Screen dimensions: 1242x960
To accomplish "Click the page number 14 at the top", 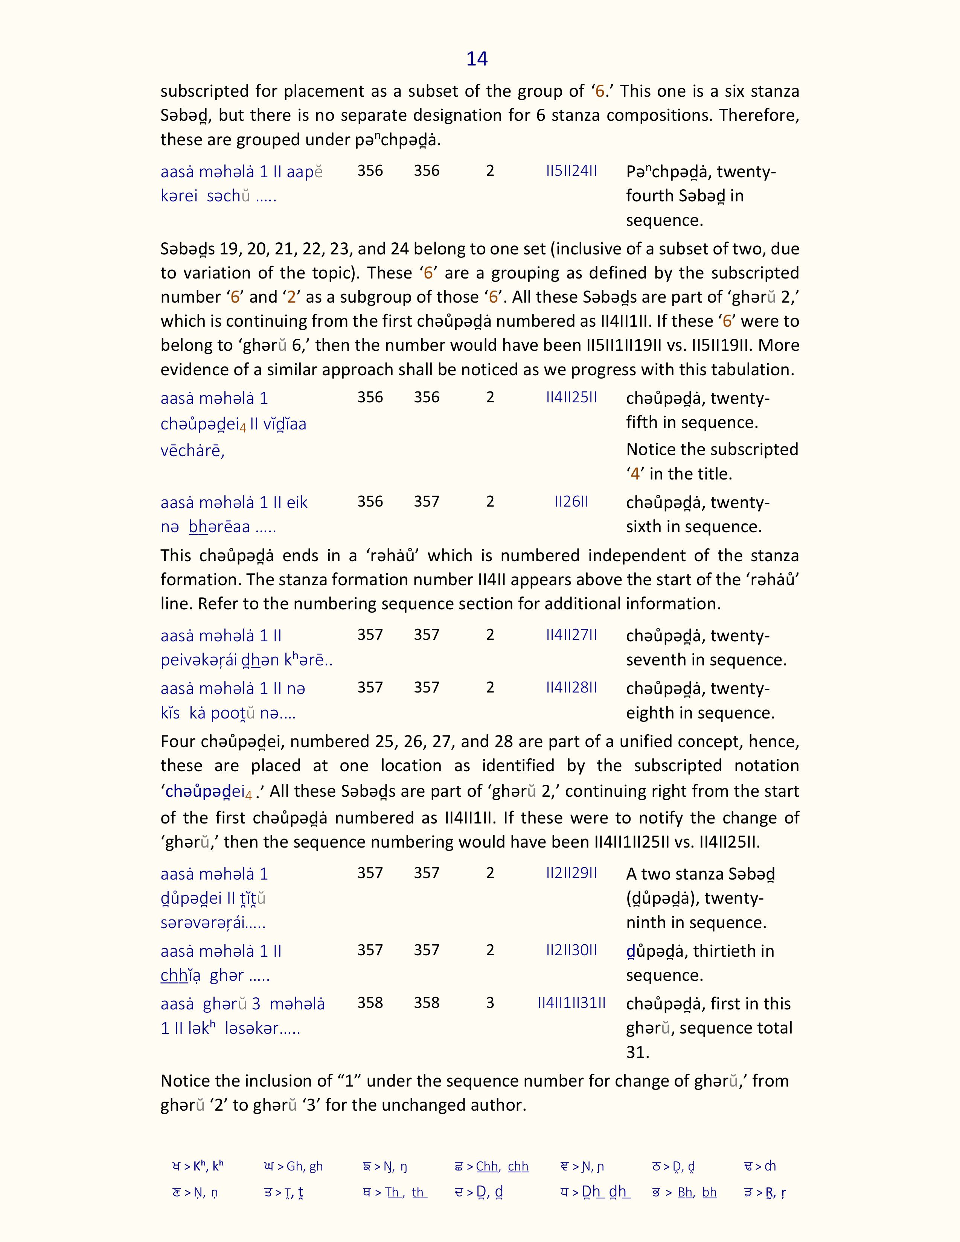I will (x=477, y=59).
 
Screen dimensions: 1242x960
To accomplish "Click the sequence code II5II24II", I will (x=571, y=170).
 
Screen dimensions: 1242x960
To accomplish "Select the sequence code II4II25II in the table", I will (x=571, y=397).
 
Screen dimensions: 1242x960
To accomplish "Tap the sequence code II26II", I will (x=571, y=502).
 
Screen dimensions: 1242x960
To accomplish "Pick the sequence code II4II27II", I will (x=571, y=635).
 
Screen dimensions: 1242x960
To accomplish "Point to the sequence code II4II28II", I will (x=571, y=688).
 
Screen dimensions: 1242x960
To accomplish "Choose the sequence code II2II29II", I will (x=571, y=873).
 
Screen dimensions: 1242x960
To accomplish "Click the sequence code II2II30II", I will (x=571, y=950).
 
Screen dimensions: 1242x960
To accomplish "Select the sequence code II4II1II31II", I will (x=571, y=1003).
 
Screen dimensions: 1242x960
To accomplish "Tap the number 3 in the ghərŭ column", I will (x=490, y=1003).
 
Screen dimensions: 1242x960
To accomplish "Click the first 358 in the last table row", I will (x=370, y=1003).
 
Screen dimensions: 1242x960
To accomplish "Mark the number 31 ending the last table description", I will (x=637, y=1052).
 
